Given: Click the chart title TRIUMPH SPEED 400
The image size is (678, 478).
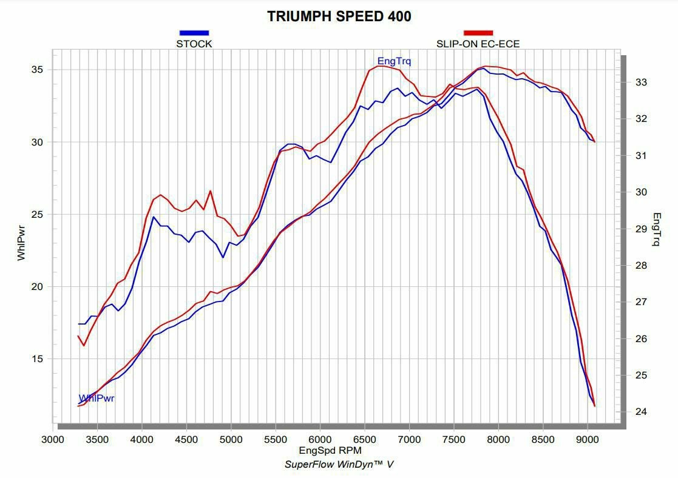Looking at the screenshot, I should pos(339,16).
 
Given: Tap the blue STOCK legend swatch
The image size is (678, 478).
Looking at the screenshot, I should pos(194,33).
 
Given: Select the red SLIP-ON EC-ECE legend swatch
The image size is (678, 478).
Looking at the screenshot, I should pos(478,33).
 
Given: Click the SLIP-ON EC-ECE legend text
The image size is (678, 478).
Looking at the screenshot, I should pos(478,44).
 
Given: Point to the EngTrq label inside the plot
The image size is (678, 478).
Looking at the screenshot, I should pos(394,61).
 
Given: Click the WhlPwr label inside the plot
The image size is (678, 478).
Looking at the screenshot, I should pos(97,399).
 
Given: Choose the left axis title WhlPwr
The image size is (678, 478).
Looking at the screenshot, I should pos(21,241).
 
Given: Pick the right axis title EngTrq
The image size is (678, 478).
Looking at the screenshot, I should pos(657,229).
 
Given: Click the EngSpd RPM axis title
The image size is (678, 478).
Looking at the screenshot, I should pos(330,451).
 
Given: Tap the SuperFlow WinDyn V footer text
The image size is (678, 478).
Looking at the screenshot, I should pos(340,465).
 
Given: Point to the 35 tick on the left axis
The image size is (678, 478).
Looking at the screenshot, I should pos(37,70).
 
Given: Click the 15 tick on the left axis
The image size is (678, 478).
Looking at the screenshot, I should pos(37,358).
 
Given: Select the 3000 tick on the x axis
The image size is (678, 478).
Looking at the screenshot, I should pos(53,439).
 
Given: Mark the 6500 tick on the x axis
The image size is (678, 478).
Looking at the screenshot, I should pos(365,439).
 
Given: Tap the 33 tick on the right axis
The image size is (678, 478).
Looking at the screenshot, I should pos(640,82).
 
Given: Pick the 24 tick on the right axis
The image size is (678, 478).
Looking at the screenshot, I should pos(640,412).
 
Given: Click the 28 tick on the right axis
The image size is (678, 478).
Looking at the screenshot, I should pos(640,265).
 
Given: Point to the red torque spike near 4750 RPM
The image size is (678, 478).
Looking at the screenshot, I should pos(211,191).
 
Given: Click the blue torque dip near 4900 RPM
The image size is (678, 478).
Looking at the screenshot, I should pos(223,257).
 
